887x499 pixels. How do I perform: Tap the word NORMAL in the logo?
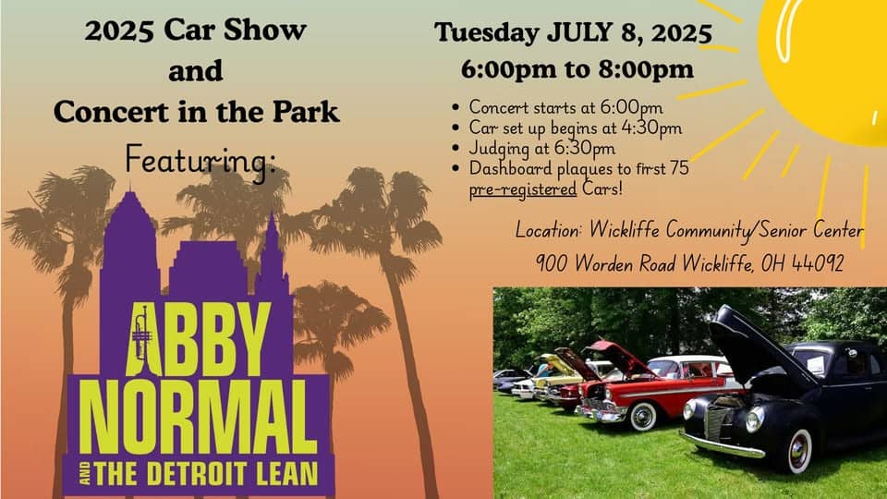click(197, 412)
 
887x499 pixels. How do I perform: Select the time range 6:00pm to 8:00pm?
click(577, 69)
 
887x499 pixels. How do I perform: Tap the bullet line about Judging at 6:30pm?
click(541, 148)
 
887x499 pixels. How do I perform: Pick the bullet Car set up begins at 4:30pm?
click(575, 128)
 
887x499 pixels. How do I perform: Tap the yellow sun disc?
click(827, 65)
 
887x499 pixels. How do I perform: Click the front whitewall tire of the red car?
click(641, 415)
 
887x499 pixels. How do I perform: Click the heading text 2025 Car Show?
click(195, 30)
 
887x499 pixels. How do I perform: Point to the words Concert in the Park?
click(196, 112)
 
